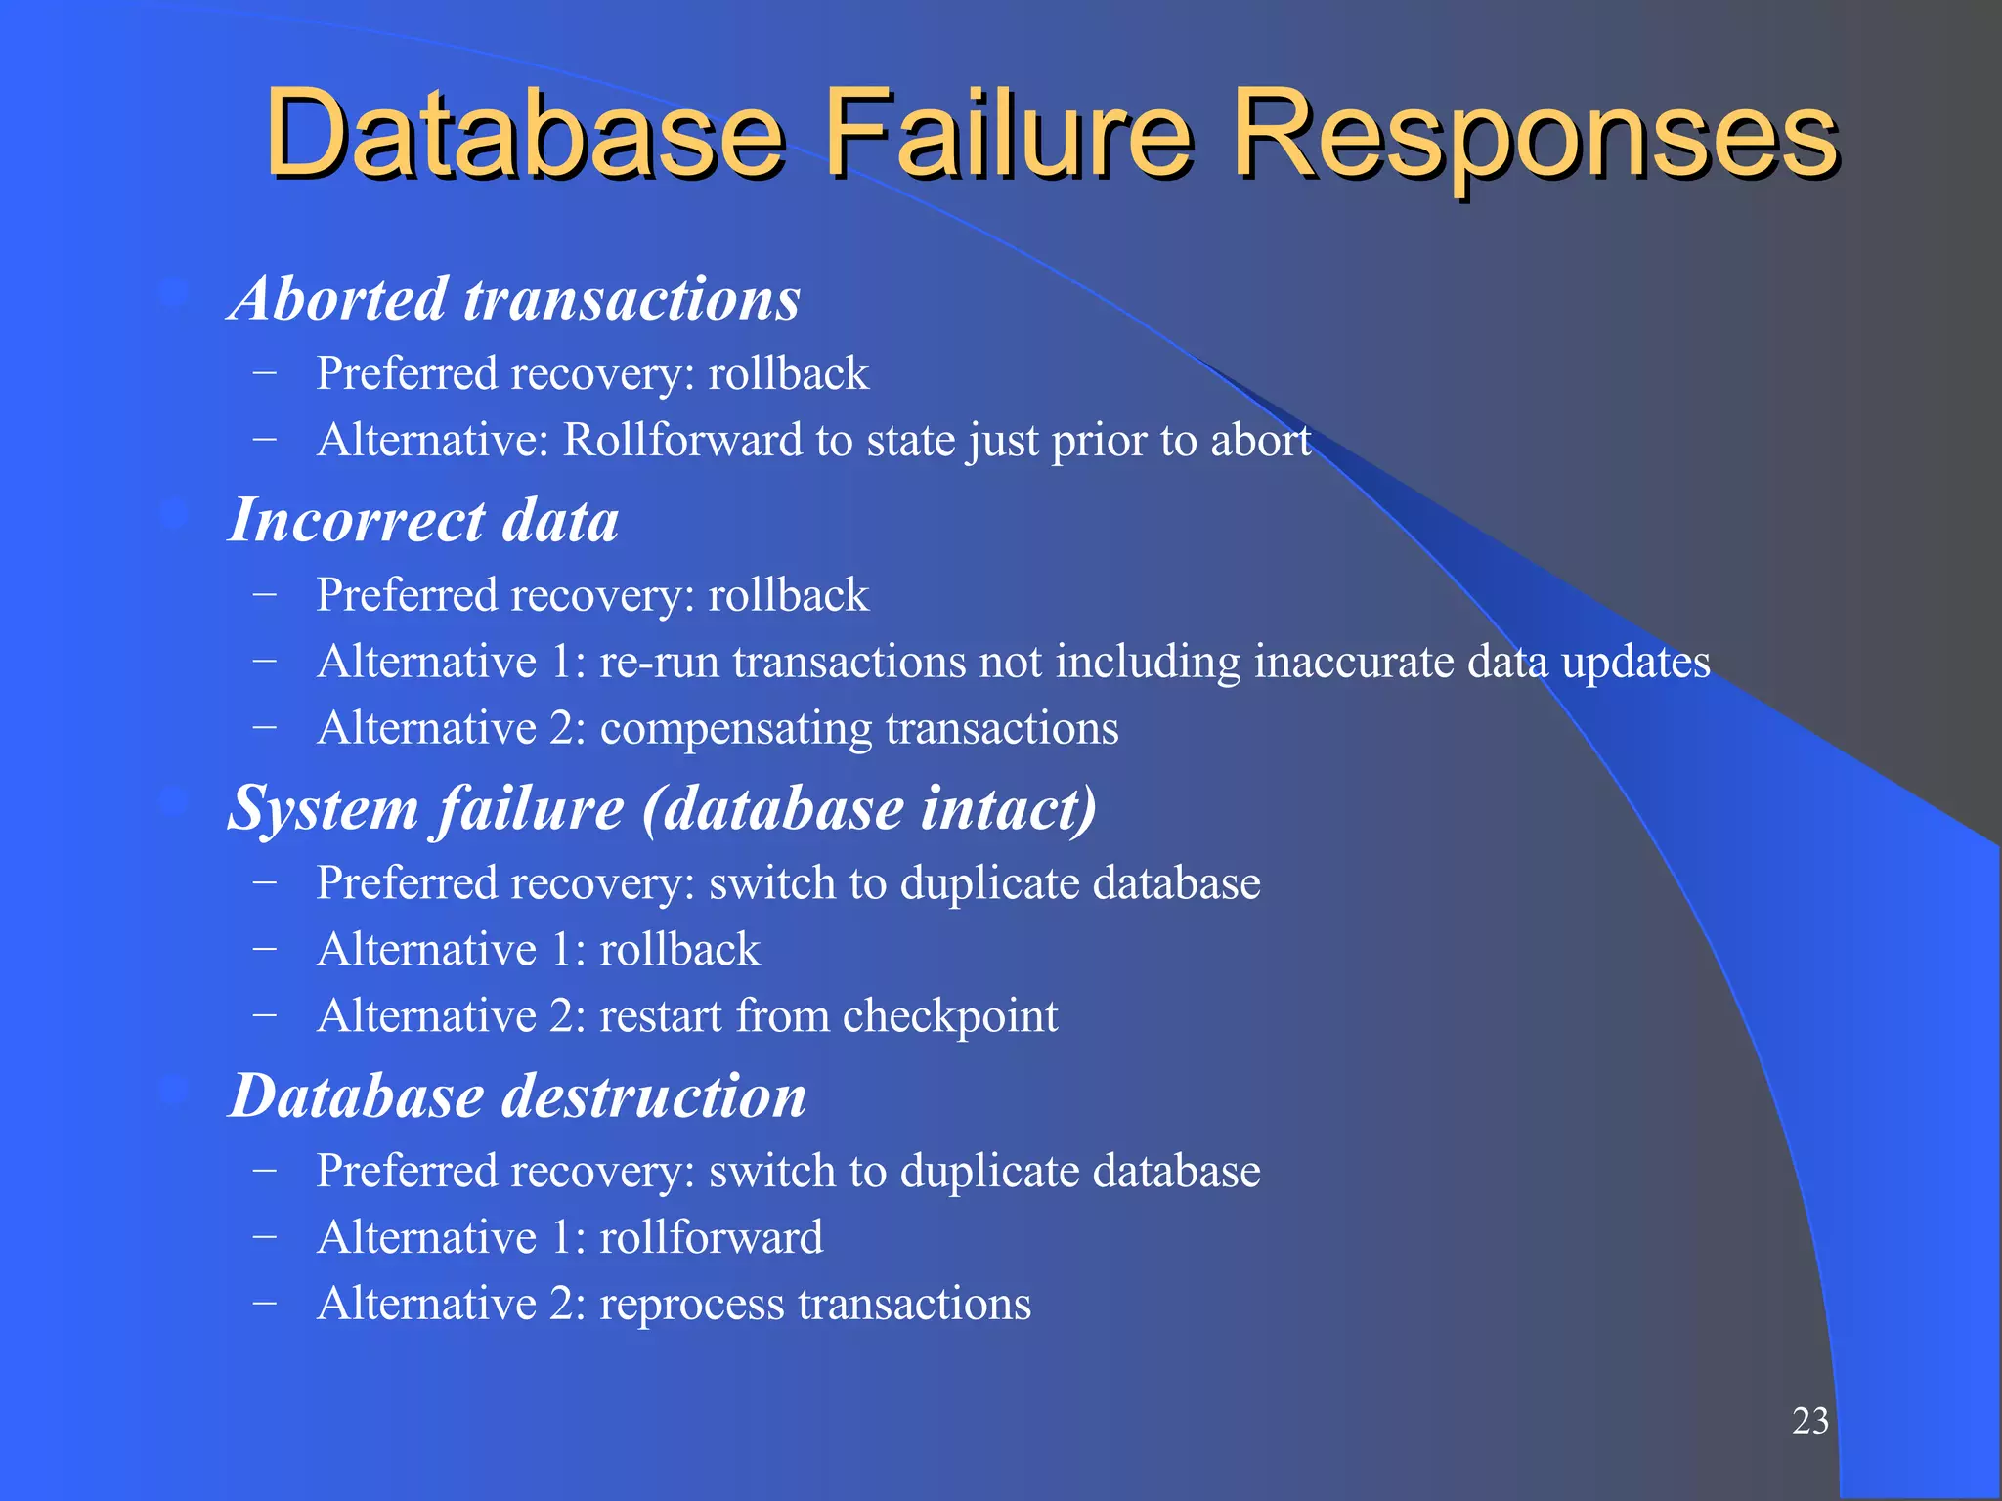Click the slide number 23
tap(1809, 1421)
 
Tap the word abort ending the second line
tap(1260, 440)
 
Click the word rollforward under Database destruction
tap(711, 1237)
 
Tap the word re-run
tap(659, 662)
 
